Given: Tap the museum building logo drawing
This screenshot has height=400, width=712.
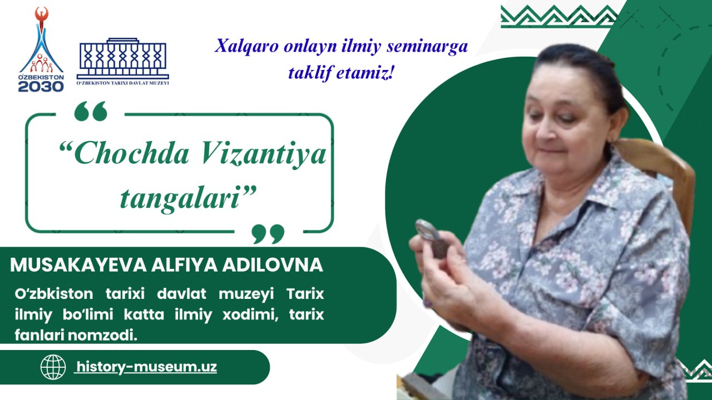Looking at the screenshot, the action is coord(123,59).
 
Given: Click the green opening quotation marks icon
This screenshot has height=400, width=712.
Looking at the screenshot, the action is coord(91,111).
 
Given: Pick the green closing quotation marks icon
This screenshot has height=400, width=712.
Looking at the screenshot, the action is coord(268,234).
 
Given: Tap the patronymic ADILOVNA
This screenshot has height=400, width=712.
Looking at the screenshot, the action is coord(273,265).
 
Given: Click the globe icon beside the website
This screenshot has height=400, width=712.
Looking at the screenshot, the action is coord(53,367).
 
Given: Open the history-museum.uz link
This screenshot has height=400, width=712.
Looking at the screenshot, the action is coord(146,367).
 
